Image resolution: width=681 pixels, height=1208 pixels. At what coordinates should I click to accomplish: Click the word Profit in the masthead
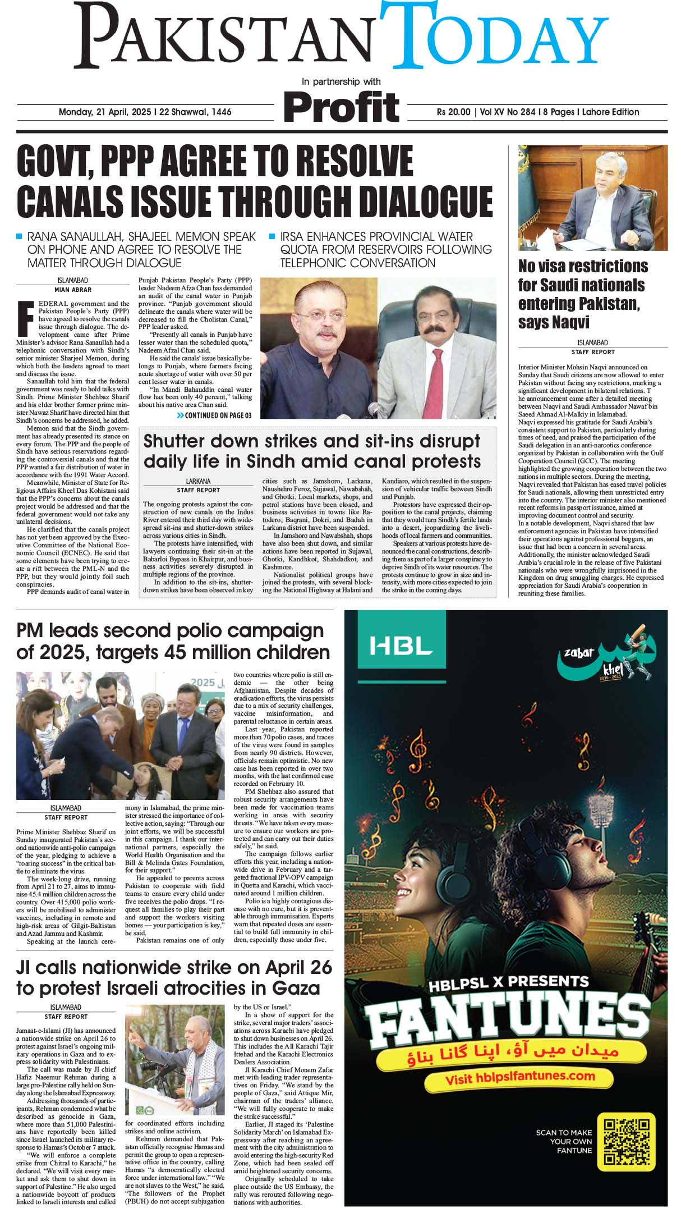341,106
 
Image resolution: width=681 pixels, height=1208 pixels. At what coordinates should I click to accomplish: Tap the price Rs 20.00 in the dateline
453,112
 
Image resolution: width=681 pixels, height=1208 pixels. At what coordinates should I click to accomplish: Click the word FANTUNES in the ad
505,1018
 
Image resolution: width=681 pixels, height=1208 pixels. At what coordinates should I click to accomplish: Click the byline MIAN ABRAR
72,290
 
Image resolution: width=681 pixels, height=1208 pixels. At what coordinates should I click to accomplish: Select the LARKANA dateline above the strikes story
198,481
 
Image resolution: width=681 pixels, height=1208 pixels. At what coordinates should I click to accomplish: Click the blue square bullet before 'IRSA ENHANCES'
272,236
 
